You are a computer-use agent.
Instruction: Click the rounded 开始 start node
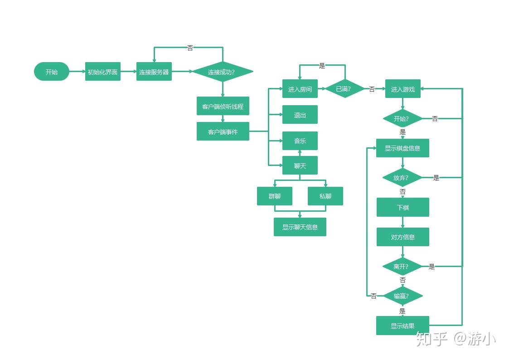[52, 72]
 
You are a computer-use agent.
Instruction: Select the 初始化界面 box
[103, 72]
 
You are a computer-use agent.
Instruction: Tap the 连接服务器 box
[154, 72]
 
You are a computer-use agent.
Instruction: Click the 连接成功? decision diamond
[223, 72]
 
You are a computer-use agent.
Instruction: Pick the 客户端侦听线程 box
[223, 106]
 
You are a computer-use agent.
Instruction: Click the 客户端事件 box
[223, 131]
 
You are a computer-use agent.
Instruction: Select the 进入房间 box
[300, 89]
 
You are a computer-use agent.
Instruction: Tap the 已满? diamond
[344, 89]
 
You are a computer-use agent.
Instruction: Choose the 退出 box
[300, 115]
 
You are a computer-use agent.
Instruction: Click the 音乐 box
[300, 141]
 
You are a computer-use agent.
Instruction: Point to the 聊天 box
[300, 165]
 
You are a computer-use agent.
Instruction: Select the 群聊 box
[274, 196]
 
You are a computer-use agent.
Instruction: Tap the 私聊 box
[325, 196]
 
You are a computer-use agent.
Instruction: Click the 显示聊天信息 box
[300, 227]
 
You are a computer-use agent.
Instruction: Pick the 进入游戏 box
[402, 89]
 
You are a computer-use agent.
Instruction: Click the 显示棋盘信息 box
[402, 148]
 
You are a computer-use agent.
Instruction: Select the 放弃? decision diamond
[402, 177]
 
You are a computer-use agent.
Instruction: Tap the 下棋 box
[402, 207]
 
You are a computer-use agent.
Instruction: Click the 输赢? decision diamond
[402, 296]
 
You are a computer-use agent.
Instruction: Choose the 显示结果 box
[402, 326]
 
